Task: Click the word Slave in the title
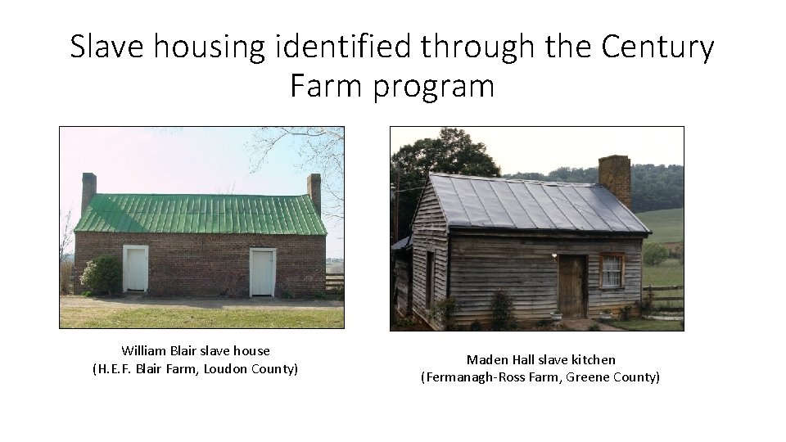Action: [107, 47]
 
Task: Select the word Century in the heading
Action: [658, 47]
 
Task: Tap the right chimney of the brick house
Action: [314, 192]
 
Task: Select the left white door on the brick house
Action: [135, 269]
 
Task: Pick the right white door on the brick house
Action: [262, 272]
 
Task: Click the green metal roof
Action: [200, 214]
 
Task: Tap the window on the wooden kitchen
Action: [611, 271]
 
